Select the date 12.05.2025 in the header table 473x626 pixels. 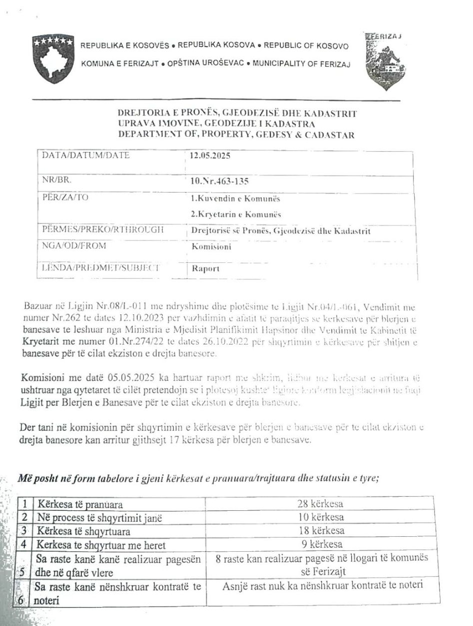pyautogui.click(x=209, y=155)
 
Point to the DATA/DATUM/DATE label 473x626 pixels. pyautogui.click(x=86, y=155)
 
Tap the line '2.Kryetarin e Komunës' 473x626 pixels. pyautogui.click(x=232, y=215)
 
